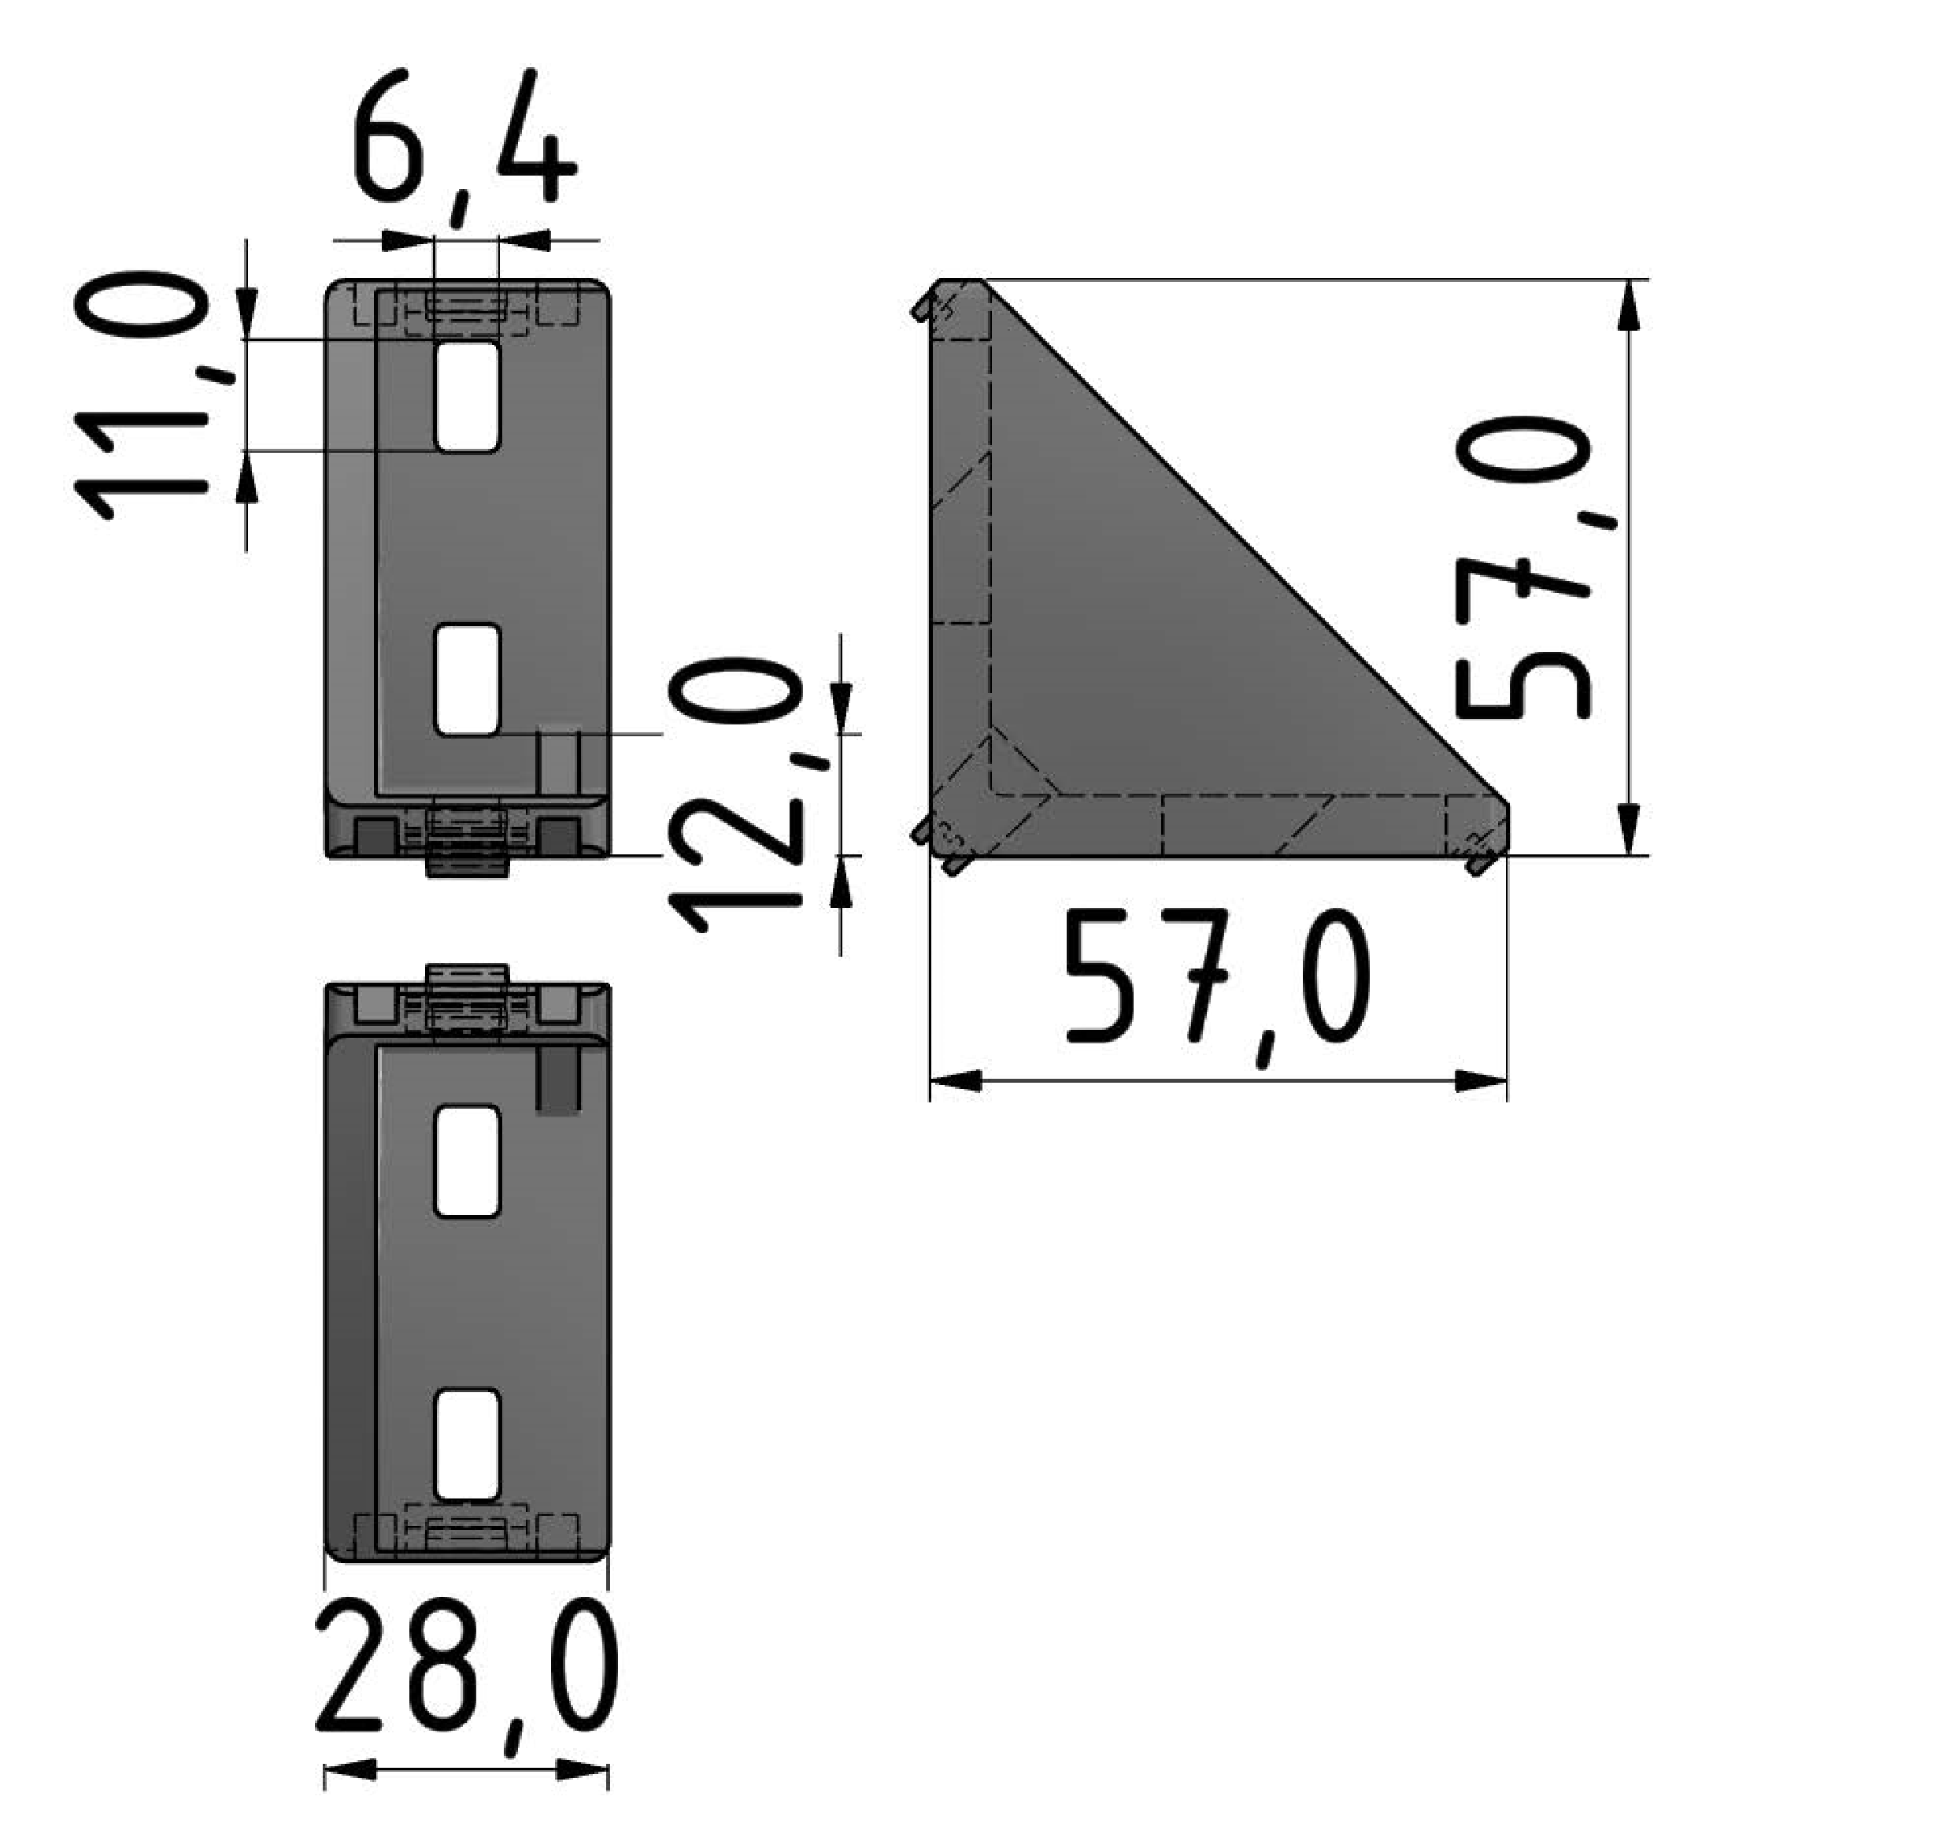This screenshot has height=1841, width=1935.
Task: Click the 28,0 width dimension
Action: [x=467, y=1676]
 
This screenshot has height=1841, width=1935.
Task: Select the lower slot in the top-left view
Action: [x=467, y=679]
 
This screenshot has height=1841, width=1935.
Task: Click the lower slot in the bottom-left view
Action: [x=467, y=1445]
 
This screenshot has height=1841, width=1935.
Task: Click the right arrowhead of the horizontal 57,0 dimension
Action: [x=1482, y=1081]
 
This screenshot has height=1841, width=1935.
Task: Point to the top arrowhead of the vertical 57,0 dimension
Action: [x=1628, y=306]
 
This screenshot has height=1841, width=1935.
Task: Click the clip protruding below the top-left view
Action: [x=467, y=865]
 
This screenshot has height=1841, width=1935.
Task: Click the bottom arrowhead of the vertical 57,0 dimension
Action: [x=1628, y=830]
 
